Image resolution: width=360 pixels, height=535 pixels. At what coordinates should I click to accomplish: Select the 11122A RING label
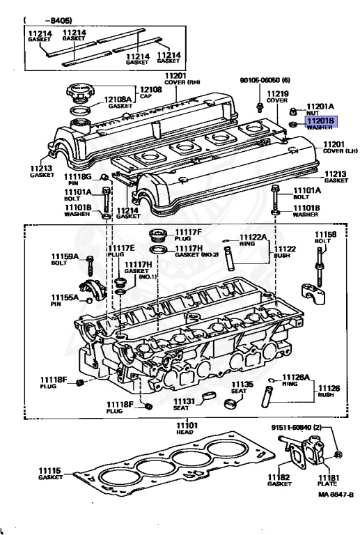click(x=253, y=240)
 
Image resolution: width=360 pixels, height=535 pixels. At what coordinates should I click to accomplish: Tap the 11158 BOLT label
click(x=324, y=238)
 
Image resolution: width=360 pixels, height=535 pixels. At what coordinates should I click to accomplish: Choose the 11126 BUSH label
click(x=329, y=391)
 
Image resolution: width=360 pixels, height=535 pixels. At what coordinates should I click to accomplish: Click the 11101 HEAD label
click(x=186, y=428)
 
